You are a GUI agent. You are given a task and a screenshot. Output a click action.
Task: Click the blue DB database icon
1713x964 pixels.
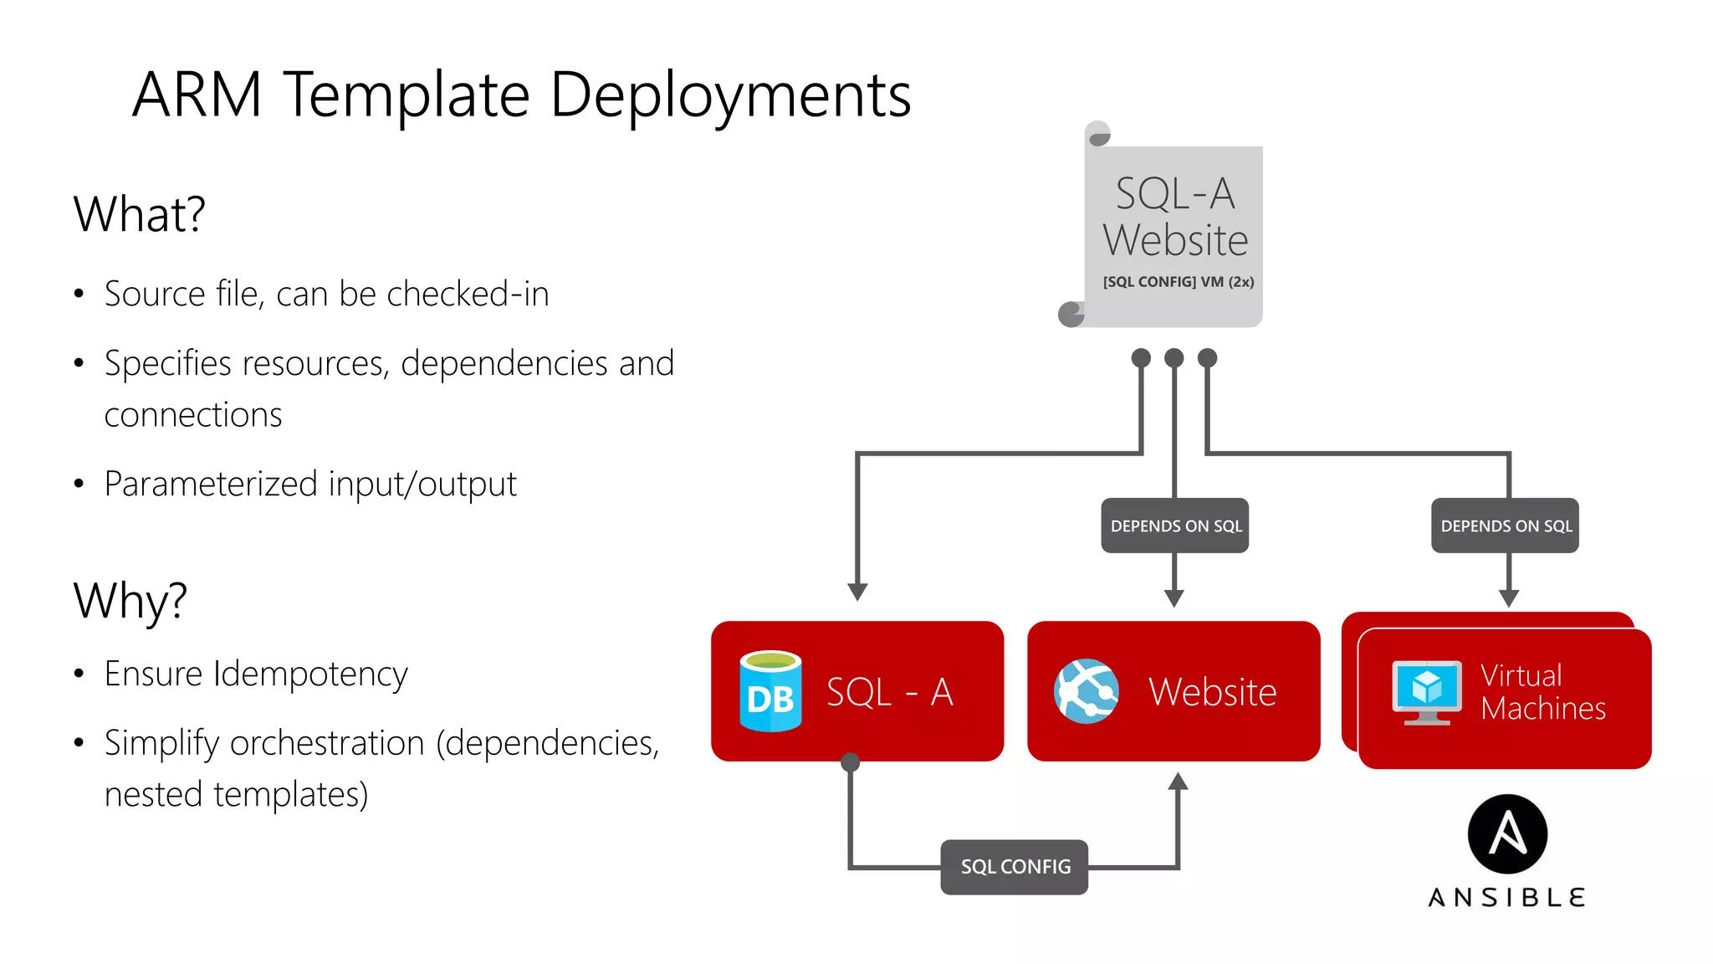coord(770,691)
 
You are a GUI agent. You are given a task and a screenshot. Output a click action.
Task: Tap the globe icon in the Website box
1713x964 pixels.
coord(1087,691)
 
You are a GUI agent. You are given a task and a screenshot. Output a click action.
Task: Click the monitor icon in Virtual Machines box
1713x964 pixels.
coord(1427,692)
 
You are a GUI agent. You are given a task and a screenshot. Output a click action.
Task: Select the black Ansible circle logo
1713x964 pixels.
coord(1507,834)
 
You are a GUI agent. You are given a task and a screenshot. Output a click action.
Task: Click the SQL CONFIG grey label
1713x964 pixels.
coord(1015,867)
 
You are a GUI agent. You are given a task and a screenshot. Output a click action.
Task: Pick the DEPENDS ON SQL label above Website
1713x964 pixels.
coord(1175,526)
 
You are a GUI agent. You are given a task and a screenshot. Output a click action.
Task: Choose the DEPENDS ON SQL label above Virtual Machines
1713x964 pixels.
coord(1506,526)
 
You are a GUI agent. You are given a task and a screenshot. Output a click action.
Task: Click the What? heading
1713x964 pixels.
coord(139,214)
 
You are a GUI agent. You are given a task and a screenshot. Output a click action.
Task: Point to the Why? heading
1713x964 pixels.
coord(130,601)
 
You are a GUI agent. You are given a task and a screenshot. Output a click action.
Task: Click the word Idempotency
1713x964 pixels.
coord(310,674)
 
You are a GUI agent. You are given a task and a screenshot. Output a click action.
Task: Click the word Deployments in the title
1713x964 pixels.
coord(730,95)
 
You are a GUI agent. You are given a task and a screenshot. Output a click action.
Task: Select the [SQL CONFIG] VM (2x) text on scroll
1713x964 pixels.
coord(1179,282)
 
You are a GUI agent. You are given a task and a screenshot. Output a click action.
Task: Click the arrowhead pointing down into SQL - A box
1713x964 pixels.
coord(857,592)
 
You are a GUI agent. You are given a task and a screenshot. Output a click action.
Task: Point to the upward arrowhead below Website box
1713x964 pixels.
coord(1178,782)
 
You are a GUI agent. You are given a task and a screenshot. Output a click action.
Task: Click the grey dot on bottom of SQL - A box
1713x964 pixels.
coord(851,761)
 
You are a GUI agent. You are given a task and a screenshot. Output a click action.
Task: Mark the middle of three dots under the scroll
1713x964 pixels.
coord(1174,358)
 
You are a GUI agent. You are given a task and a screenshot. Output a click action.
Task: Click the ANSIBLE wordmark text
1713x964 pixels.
coord(1507,898)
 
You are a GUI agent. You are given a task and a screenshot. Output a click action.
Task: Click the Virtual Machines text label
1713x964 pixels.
coord(1542,692)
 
